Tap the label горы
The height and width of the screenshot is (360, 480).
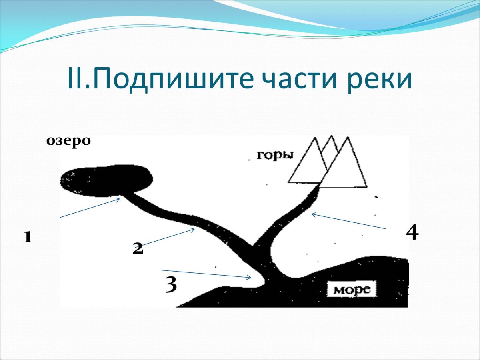(x=275, y=156)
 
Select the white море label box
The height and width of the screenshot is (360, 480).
(x=352, y=288)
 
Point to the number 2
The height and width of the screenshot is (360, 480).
(x=138, y=248)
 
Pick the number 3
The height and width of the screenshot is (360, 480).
(x=171, y=284)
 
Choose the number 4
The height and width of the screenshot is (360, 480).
(x=412, y=232)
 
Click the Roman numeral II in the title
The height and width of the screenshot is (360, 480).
(x=76, y=78)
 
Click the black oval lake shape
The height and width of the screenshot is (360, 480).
(x=106, y=180)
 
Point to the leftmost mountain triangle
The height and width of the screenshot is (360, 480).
(x=308, y=163)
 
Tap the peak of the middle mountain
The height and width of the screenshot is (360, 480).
(x=332, y=136)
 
